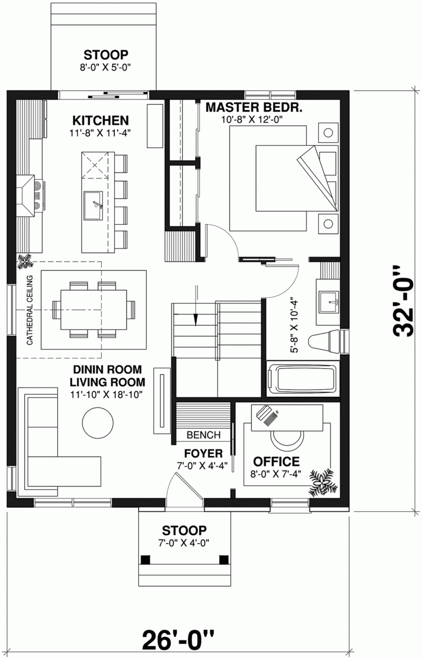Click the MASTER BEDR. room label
click(x=254, y=107)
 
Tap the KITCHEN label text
click(x=101, y=120)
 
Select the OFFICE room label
click(x=276, y=461)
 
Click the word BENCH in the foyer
click(x=203, y=435)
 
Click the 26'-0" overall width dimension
click(x=177, y=639)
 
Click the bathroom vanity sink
click(x=331, y=300)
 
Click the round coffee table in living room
click(x=98, y=422)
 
